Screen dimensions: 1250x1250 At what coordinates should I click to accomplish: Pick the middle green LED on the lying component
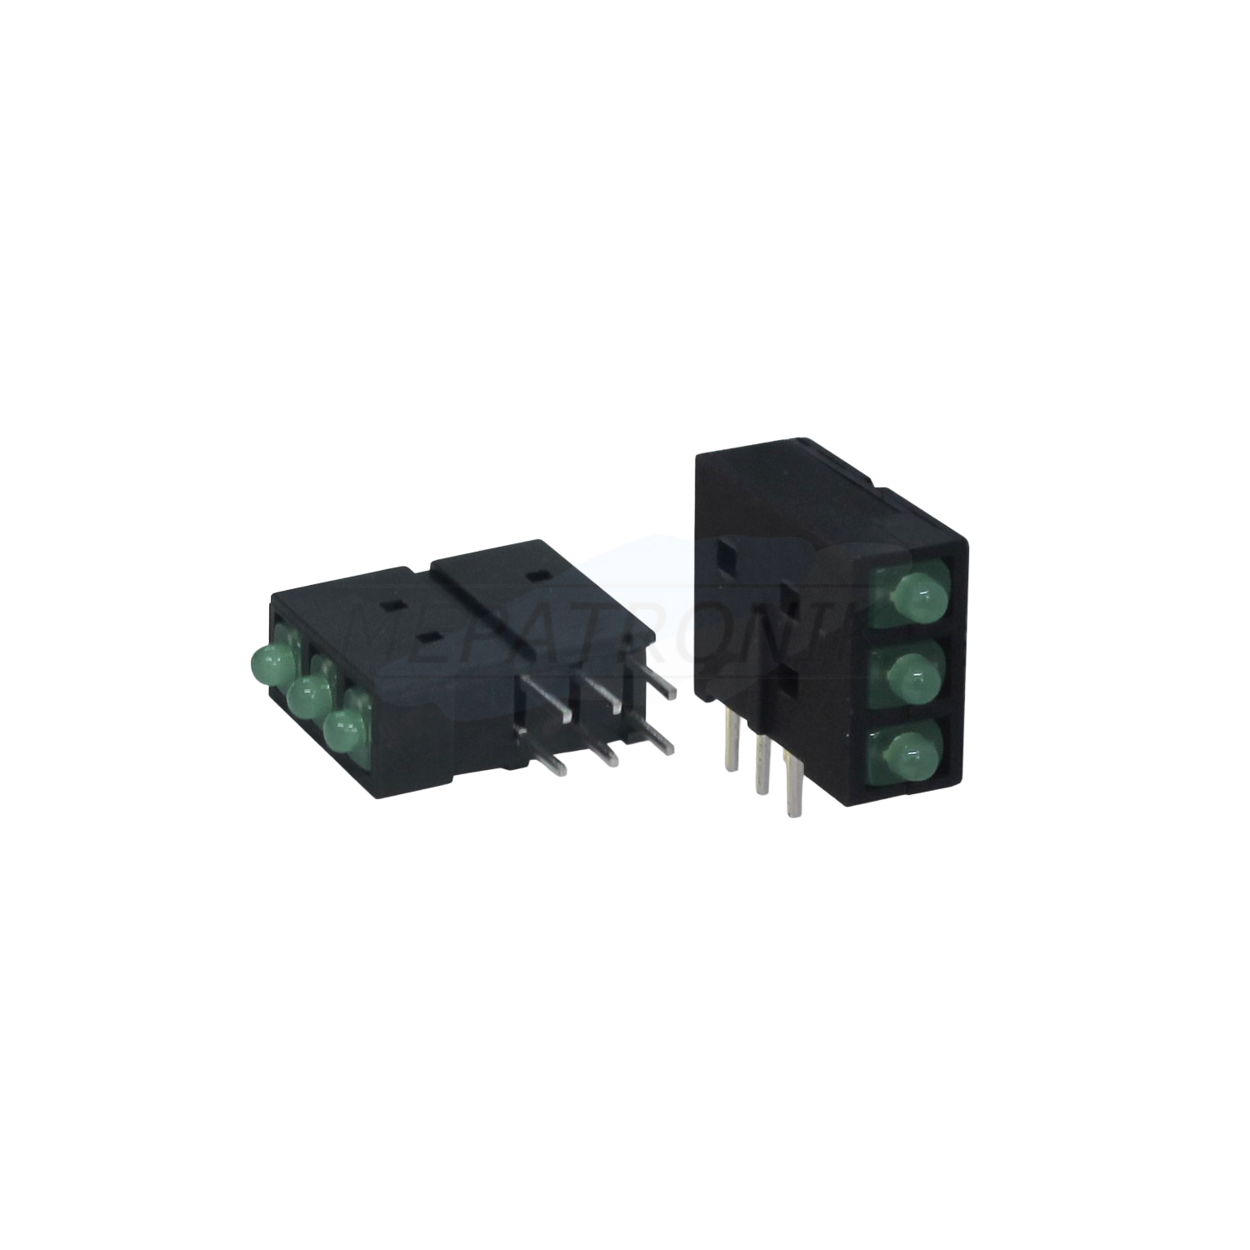(x=308, y=693)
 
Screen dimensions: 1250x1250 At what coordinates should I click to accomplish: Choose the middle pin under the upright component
(x=759, y=760)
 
